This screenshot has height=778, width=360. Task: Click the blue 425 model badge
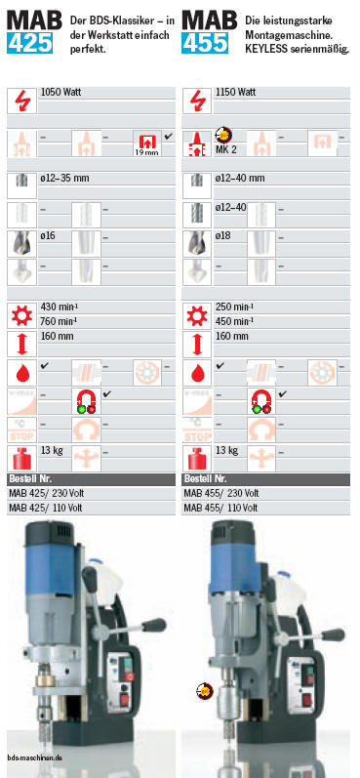coord(29,43)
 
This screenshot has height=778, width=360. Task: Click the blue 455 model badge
coord(205,43)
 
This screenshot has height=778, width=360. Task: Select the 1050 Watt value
coord(61,93)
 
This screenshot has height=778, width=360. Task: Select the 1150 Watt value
coord(235,93)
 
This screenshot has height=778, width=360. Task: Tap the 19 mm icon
coord(146,143)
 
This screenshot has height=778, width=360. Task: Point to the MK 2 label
coord(225,150)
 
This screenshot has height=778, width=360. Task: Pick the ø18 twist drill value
coord(223,236)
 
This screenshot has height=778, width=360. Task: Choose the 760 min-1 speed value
coord(59,321)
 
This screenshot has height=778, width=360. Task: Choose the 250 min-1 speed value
coord(234,307)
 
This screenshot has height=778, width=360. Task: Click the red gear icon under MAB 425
coord(21,315)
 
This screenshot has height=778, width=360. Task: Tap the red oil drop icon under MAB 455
coord(197,373)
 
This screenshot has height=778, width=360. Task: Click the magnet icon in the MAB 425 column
coord(86,401)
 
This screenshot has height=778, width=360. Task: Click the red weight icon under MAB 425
coord(21,459)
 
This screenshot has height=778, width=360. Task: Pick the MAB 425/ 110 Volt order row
coord(46,508)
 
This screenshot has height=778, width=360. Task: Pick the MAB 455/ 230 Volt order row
coord(221,494)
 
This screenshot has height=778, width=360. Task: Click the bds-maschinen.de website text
coord(35,758)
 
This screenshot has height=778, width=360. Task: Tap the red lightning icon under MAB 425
coord(21,101)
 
